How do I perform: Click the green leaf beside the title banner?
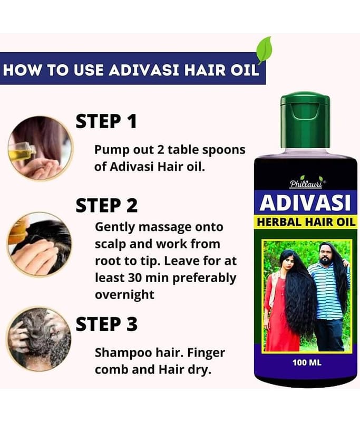coord(264,50)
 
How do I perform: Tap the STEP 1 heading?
coord(106,121)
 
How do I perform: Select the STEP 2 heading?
coord(107,205)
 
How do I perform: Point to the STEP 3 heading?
coord(107,324)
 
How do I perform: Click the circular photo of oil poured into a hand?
coord(41,148)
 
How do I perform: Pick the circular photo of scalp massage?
coord(40,244)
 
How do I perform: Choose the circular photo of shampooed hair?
coord(39,339)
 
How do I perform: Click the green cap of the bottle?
coord(305,120)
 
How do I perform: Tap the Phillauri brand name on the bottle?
coord(306,184)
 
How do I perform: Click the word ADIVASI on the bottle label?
coord(305,203)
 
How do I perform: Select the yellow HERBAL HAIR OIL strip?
coord(306,222)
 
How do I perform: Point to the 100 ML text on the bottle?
coord(307,362)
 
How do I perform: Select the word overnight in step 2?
coord(125,295)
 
